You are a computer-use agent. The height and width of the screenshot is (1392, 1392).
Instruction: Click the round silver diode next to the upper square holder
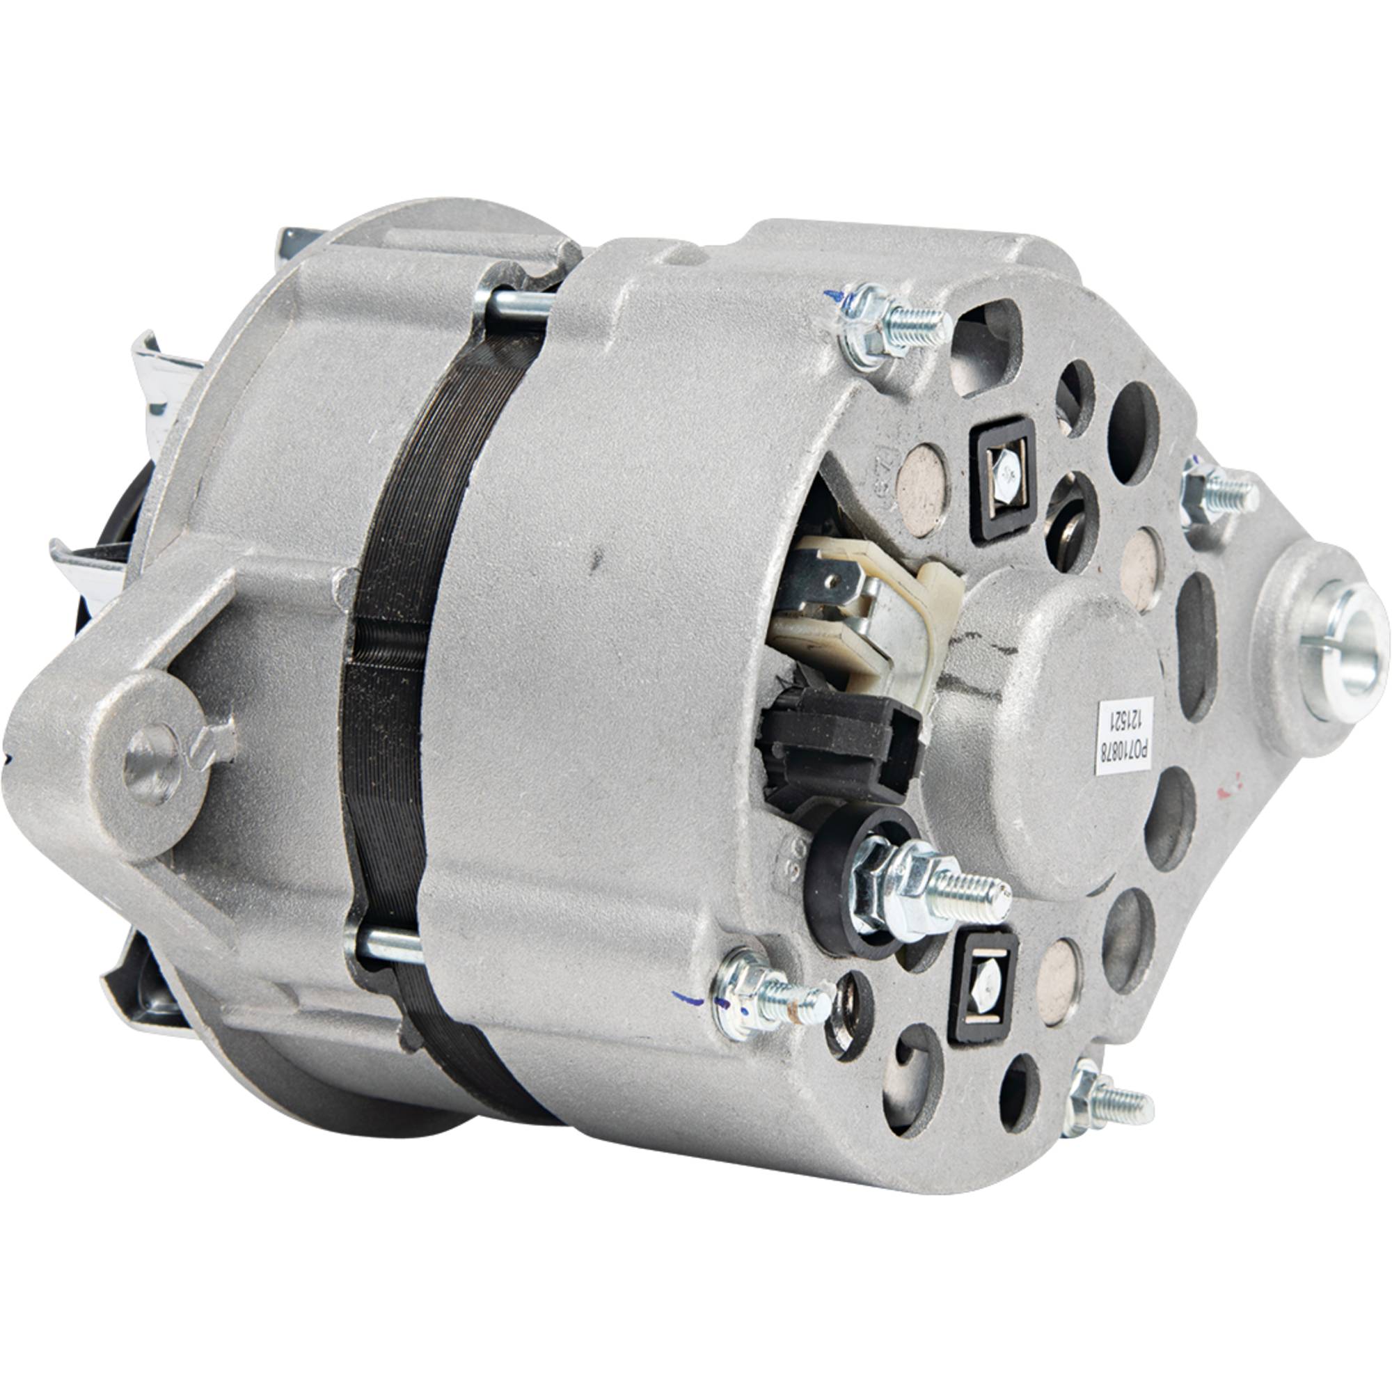[928, 490]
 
